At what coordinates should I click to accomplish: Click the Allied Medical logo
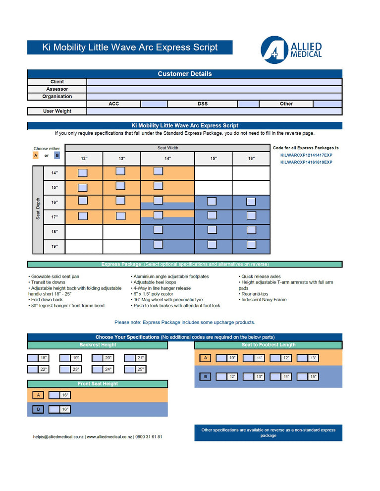(291, 50)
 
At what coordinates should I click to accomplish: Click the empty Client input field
(214, 82)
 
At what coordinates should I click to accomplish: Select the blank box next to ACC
(154, 104)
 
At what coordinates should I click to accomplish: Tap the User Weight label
(57, 111)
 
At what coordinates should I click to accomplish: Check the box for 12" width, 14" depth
(83, 173)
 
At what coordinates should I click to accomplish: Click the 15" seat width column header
(214, 159)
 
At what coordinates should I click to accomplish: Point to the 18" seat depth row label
(54, 232)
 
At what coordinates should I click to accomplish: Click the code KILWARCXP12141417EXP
(306, 155)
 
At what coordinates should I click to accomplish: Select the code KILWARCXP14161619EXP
(306, 162)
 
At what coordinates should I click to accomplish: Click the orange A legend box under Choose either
(36, 156)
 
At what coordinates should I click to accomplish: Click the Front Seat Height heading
(98, 384)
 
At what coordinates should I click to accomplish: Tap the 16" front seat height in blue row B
(54, 410)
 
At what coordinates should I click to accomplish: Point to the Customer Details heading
(184, 74)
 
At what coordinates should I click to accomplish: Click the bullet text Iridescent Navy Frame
(264, 300)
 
